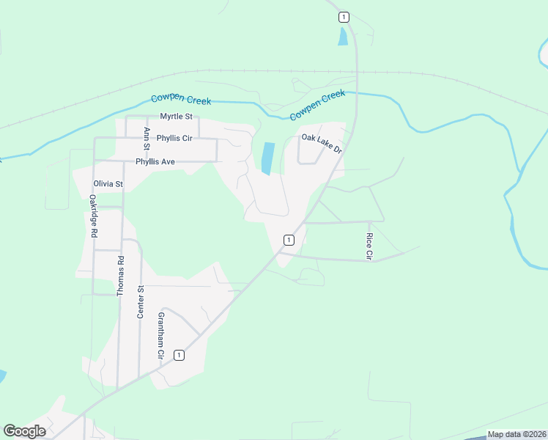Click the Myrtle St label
(x=176, y=117)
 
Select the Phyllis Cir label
(x=174, y=138)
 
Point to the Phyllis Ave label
(x=155, y=161)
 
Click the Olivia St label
(x=108, y=183)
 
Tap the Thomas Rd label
(x=121, y=275)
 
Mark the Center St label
(x=141, y=300)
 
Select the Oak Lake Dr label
(x=322, y=143)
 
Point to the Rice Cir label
(x=369, y=246)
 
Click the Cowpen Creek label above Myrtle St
(x=181, y=100)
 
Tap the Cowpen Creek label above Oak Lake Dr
(x=317, y=105)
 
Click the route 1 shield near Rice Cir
(x=289, y=240)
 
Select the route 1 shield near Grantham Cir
(x=178, y=355)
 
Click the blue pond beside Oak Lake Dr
(x=268, y=158)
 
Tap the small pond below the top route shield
(x=343, y=36)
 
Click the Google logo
(x=24, y=431)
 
